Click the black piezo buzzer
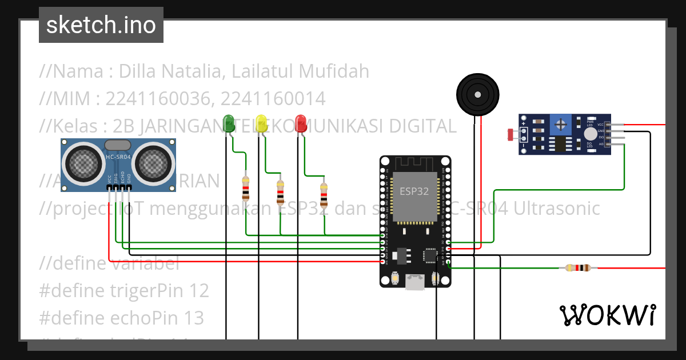[477, 93]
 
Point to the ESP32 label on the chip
[414, 191]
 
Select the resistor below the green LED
[246, 187]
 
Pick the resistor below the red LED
[324, 195]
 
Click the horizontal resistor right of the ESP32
[577, 268]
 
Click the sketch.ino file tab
[101, 25]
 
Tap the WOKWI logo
[607, 315]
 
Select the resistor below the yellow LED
[280, 192]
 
